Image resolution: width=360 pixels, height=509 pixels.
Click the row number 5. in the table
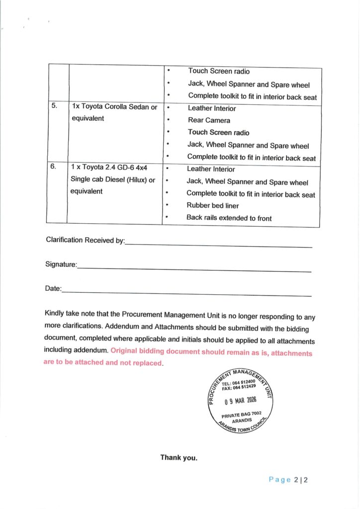[54, 106]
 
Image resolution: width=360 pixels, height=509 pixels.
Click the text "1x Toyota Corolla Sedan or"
[114, 107]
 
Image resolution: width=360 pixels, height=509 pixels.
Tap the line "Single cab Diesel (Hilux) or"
[113, 179]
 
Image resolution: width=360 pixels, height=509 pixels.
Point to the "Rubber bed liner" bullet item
[212, 205]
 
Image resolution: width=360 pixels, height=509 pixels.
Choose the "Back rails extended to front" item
[229, 218]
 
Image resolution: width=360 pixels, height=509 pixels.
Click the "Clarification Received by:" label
[85, 240]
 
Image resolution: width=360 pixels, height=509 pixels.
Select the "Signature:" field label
[61, 264]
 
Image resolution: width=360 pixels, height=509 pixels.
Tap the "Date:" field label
[53, 288]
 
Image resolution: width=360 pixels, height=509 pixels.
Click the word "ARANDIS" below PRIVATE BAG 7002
[242, 420]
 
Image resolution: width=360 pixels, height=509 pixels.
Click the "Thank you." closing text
[179, 458]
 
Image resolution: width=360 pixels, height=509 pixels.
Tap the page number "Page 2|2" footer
[288, 480]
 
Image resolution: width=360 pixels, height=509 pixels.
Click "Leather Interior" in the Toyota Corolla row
[212, 108]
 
